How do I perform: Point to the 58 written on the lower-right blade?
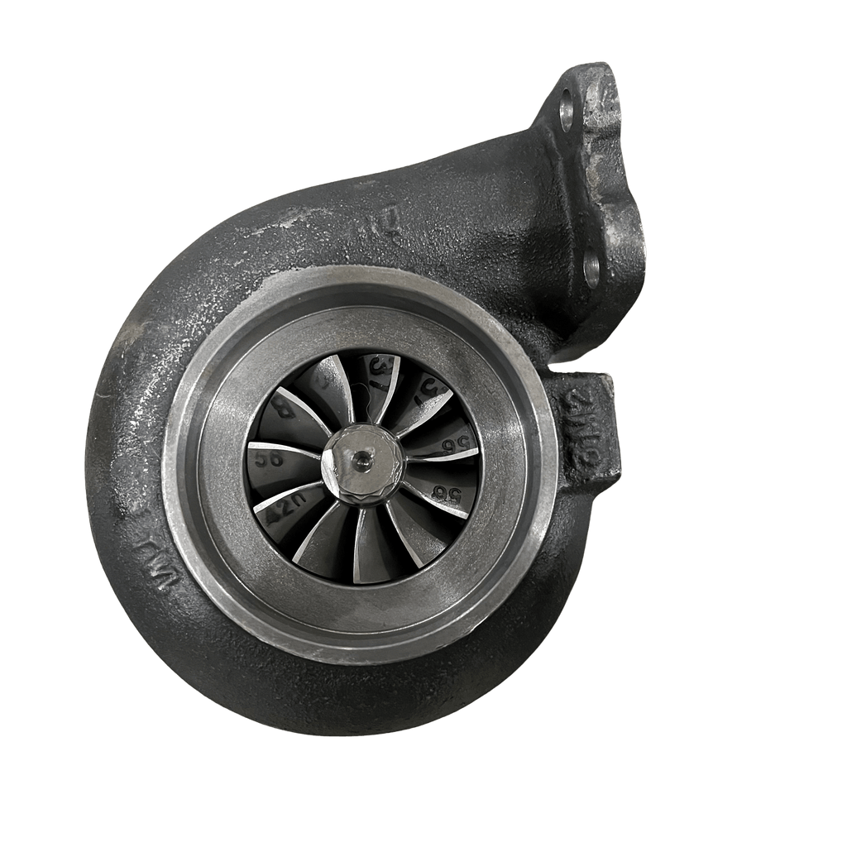(450, 492)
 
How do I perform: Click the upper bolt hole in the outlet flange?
(567, 111)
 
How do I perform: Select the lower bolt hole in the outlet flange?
(591, 269)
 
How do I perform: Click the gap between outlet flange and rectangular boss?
(571, 364)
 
